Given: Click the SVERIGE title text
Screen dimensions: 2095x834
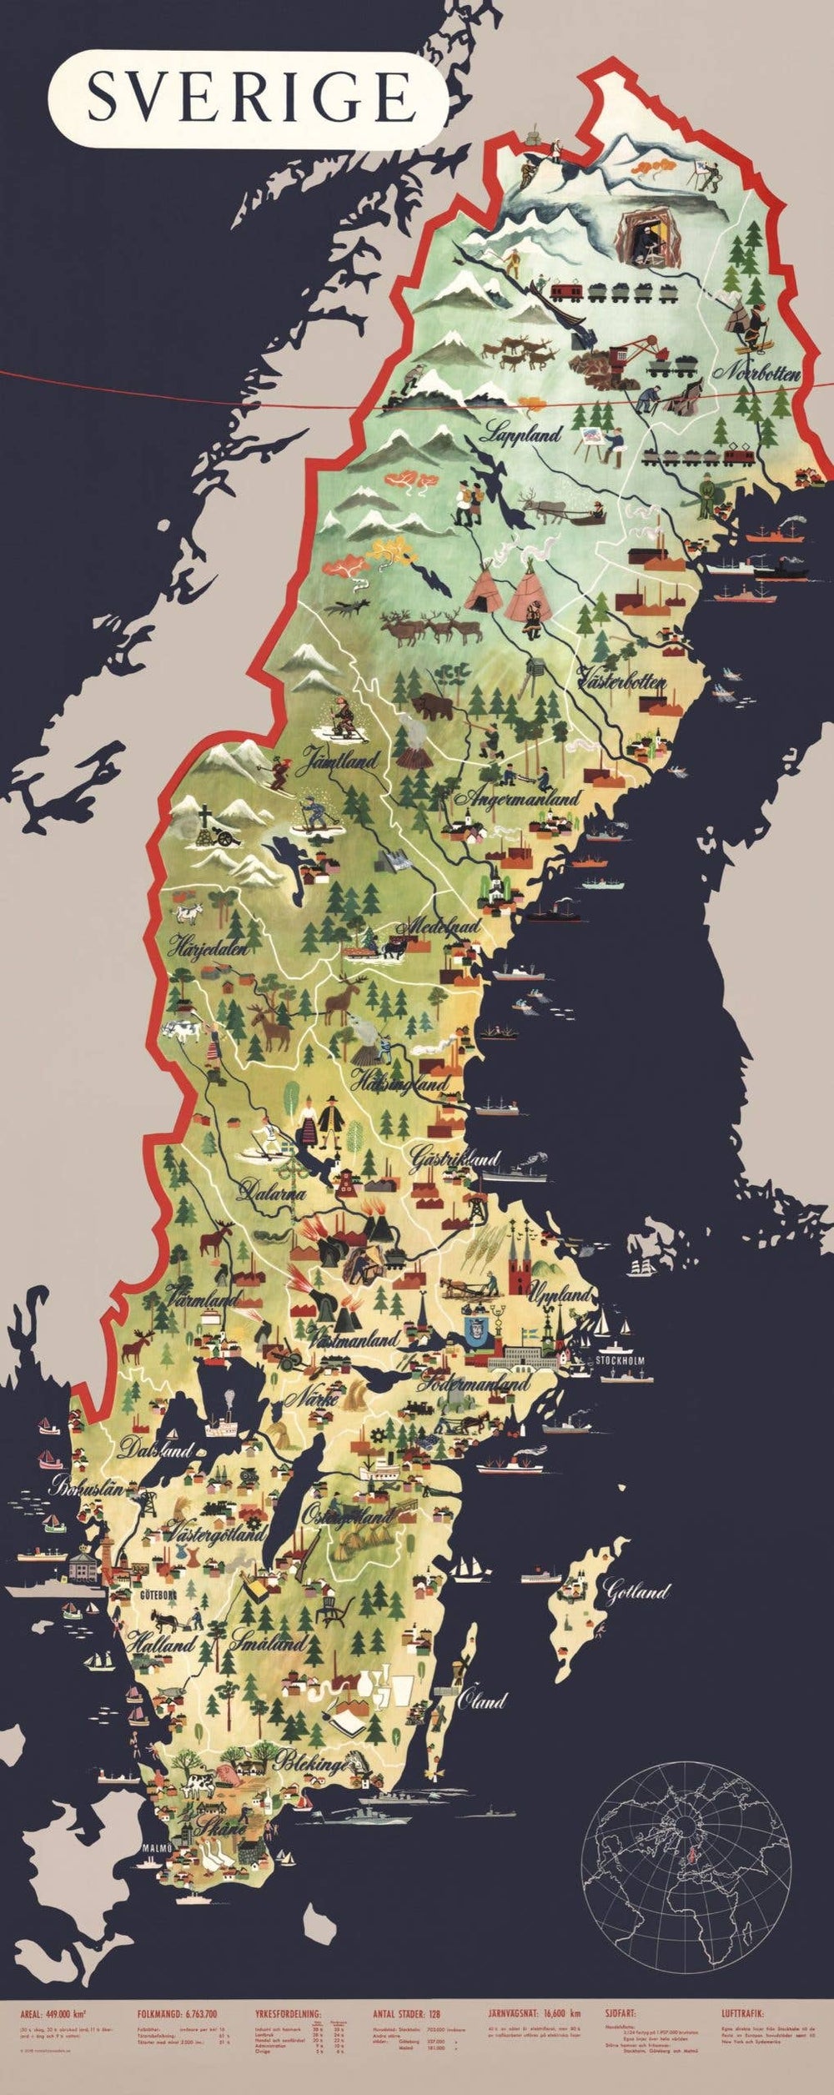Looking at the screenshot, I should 250,98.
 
